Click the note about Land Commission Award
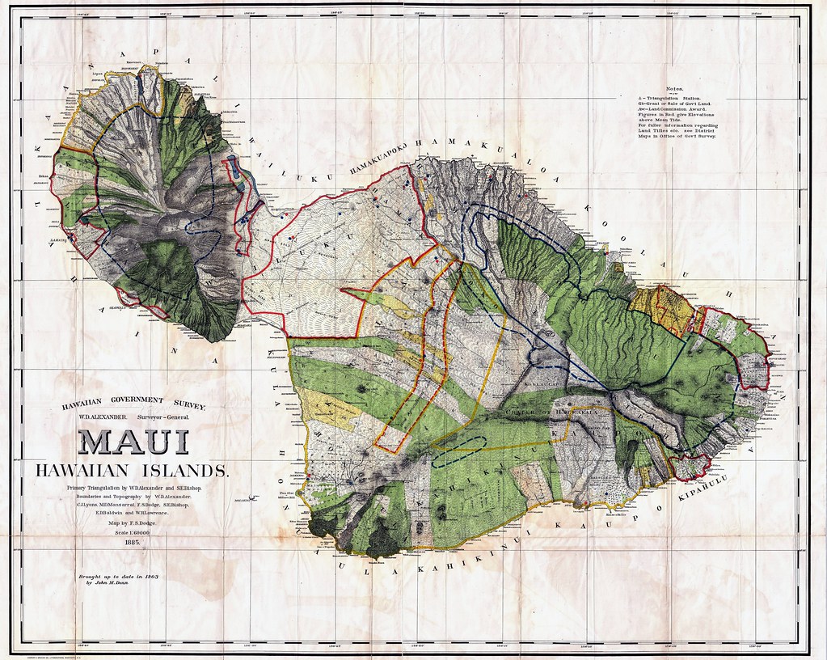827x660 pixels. click(x=680, y=110)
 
